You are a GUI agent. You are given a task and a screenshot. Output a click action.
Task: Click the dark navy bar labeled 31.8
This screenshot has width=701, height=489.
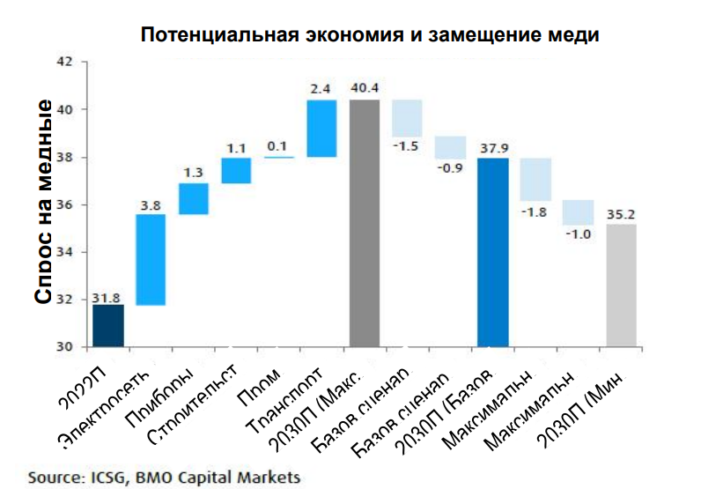(x=108, y=325)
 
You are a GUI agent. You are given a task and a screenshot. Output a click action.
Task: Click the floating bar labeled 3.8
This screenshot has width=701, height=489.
(x=151, y=260)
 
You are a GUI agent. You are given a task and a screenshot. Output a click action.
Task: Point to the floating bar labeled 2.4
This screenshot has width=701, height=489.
(x=321, y=129)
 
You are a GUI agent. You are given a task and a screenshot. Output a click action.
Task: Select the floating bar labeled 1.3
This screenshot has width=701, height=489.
(x=194, y=198)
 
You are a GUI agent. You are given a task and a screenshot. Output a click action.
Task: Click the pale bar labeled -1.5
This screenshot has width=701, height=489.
(x=407, y=118)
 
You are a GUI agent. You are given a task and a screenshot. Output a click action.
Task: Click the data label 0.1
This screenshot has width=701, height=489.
(x=278, y=146)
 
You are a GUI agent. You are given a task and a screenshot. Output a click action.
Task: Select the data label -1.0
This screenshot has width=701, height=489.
(x=579, y=234)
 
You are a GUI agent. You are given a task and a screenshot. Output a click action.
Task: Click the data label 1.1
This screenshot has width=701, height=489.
(x=236, y=147)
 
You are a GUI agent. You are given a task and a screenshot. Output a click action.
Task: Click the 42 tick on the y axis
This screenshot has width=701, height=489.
(x=64, y=63)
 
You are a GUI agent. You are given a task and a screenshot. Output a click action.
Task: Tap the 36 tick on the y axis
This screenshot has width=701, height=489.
(x=64, y=204)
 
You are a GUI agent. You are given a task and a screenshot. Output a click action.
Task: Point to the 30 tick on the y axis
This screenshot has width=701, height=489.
(x=64, y=346)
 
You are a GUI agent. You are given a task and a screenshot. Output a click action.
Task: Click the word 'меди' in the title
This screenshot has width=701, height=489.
(x=572, y=36)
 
